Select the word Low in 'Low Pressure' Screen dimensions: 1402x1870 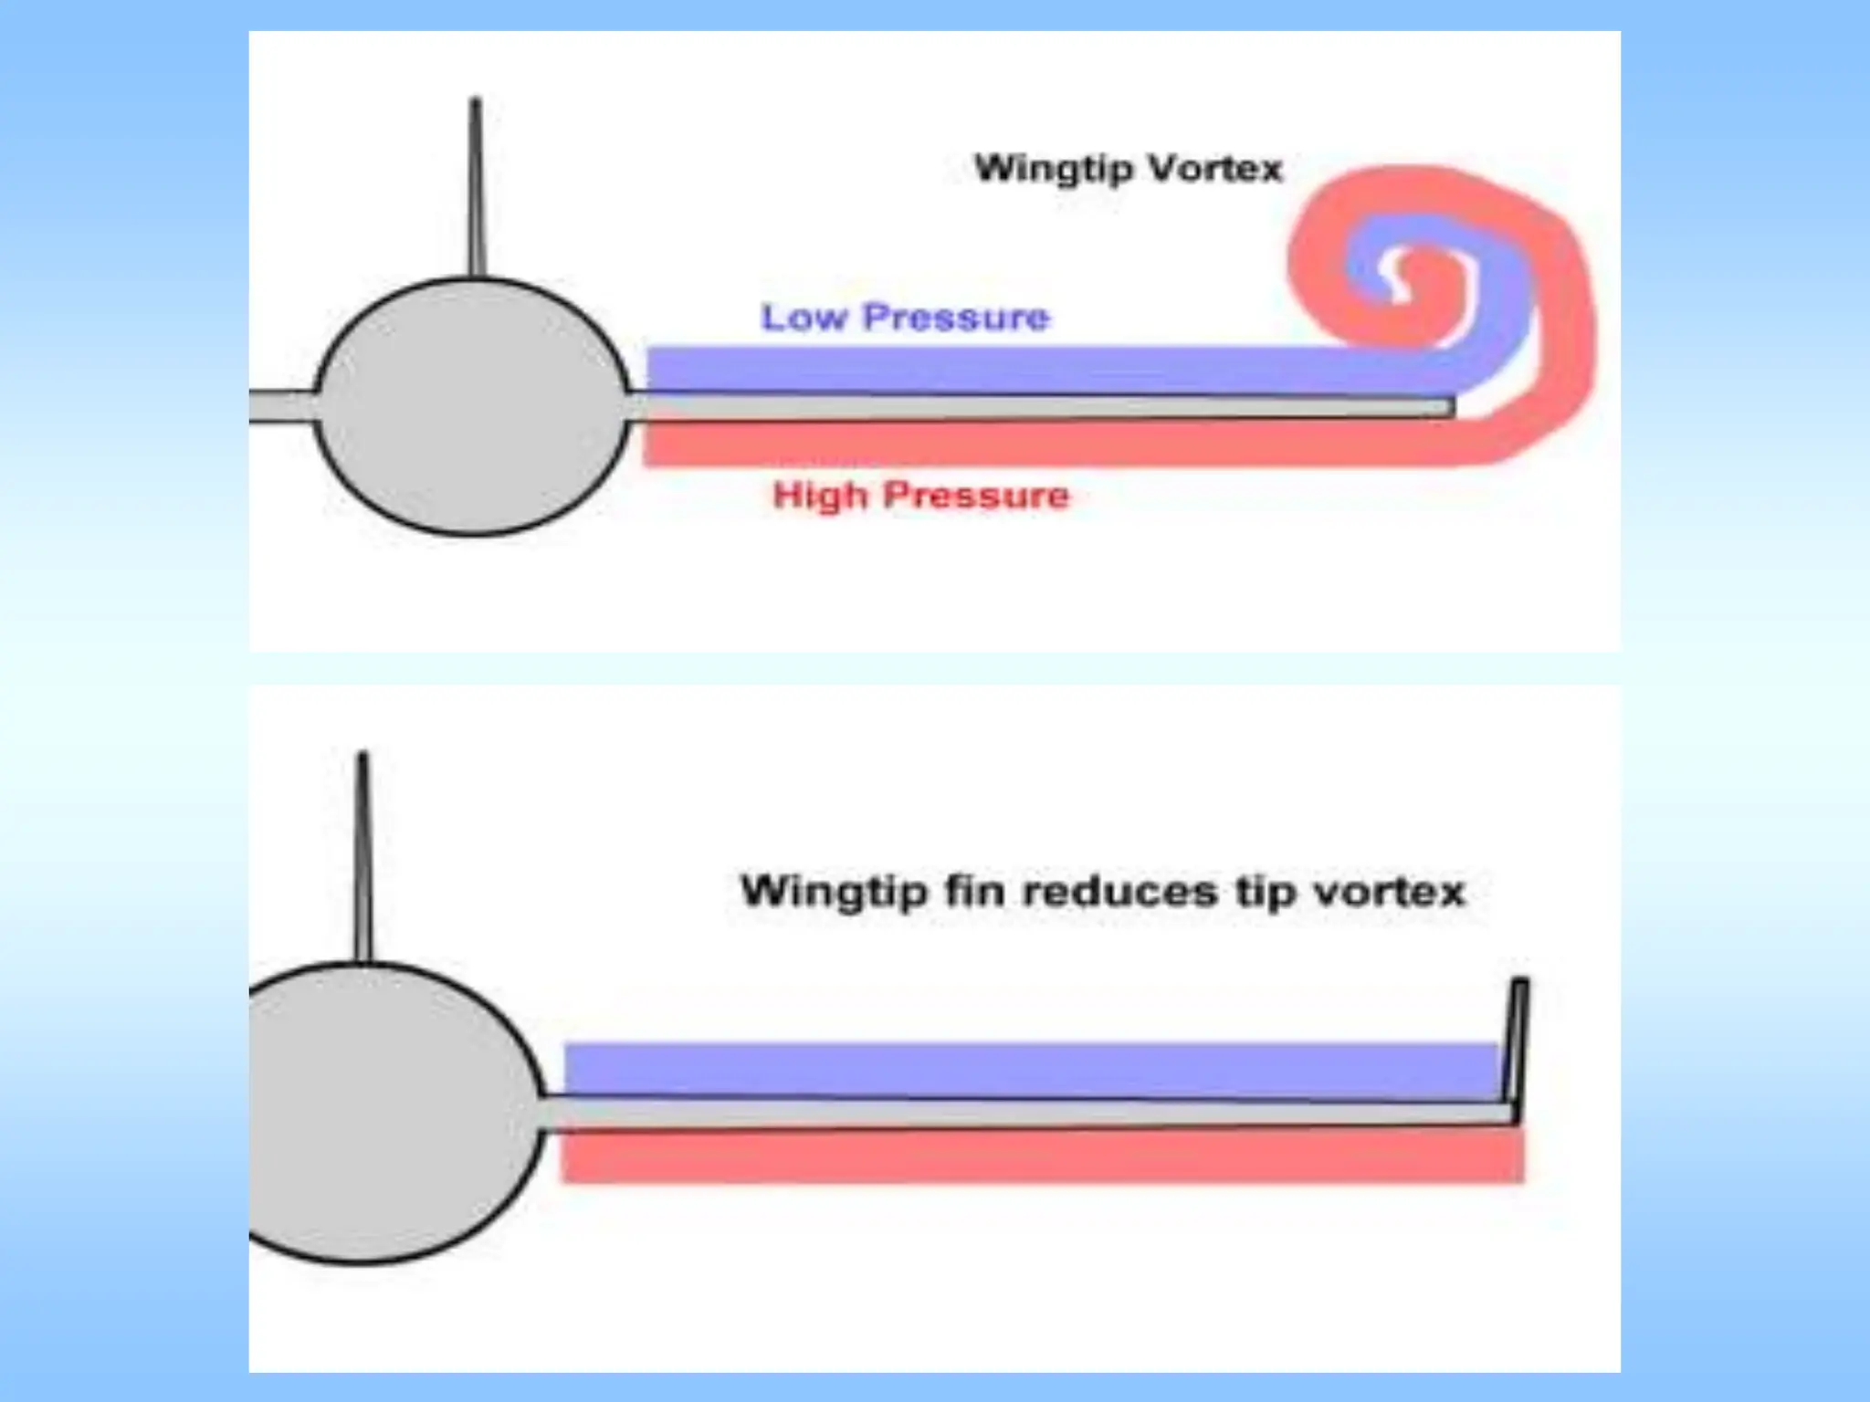(804, 318)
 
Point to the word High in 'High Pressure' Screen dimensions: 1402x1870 (820, 496)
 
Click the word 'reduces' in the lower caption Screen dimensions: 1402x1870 (1120, 890)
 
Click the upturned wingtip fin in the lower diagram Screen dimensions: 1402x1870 (1516, 1041)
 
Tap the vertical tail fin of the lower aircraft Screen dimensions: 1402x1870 (363, 858)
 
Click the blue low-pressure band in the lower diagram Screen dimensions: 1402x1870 (1032, 1068)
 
